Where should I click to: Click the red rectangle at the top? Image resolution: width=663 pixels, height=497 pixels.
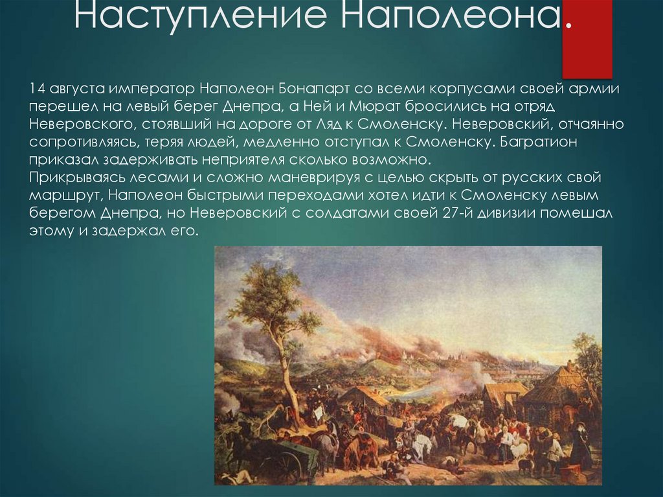pyautogui.click(x=587, y=39)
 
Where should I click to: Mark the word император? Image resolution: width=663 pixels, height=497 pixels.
pyautogui.click(x=152, y=88)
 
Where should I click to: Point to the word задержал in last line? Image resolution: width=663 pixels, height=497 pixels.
pyautogui.click(x=126, y=231)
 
